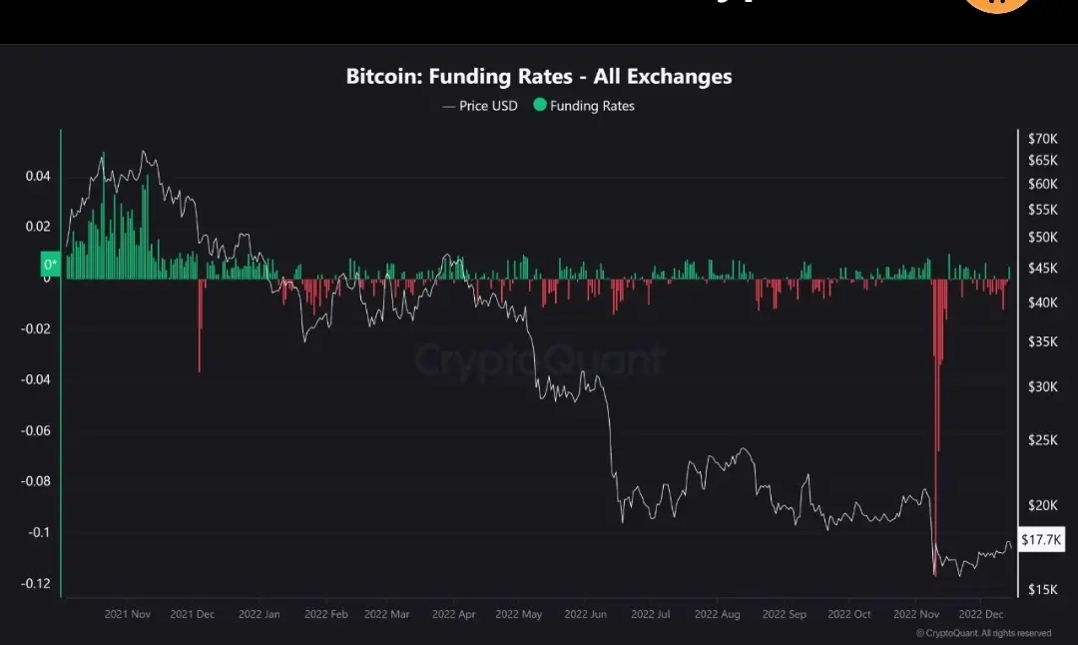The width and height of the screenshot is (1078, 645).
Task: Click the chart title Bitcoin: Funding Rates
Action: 538,76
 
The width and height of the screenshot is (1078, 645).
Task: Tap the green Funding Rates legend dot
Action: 540,105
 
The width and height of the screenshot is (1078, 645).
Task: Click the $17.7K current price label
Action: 1042,540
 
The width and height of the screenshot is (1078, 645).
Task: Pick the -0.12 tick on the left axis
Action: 37,583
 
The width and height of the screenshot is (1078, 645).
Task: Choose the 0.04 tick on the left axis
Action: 37,177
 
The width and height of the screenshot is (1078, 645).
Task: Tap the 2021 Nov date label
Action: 128,614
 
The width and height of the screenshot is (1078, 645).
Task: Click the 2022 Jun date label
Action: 587,614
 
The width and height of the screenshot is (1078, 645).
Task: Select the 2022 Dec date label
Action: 981,614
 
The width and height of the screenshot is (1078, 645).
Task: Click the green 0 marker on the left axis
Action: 50,265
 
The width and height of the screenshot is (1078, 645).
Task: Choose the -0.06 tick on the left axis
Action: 37,430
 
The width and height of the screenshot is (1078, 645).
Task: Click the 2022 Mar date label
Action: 387,614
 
